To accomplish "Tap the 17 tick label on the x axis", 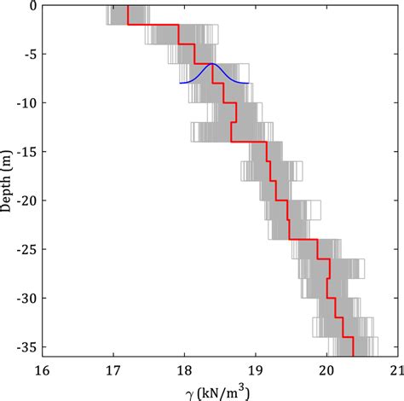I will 113,369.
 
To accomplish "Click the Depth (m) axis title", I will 8,180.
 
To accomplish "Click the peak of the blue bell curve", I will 212,64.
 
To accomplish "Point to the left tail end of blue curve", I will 180,83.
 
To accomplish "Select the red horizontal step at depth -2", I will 153,25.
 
